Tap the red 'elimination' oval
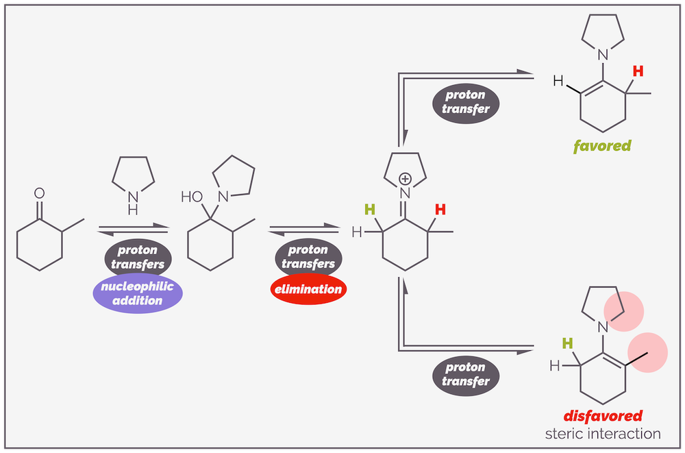(x=308, y=289)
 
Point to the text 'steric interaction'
(x=603, y=434)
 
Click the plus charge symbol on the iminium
(x=414, y=178)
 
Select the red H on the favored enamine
(x=638, y=71)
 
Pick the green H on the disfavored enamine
(x=567, y=343)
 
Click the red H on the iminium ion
(x=441, y=209)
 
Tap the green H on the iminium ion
(x=371, y=209)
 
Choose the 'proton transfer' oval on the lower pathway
(x=466, y=375)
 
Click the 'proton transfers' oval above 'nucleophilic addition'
(x=138, y=257)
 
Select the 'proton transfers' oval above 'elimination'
(x=308, y=257)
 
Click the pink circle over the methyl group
(x=647, y=350)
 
